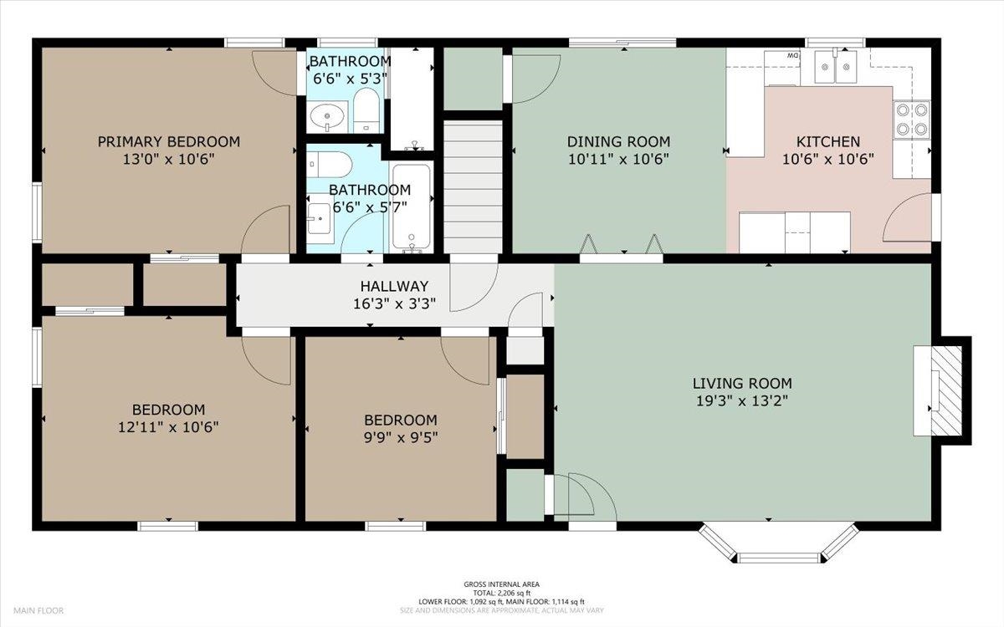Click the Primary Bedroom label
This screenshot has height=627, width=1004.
[x=168, y=142]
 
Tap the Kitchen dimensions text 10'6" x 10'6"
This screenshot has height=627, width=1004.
[x=828, y=160]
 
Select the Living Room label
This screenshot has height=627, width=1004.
[x=742, y=384]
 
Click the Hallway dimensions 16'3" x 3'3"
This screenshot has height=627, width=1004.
[x=394, y=304]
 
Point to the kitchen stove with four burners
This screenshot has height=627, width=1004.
[x=912, y=120]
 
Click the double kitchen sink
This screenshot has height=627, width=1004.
[x=836, y=67]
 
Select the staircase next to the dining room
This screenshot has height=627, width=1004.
[x=473, y=186]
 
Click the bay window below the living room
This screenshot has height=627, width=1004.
[x=779, y=543]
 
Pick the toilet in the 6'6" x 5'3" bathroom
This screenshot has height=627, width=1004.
[x=366, y=110]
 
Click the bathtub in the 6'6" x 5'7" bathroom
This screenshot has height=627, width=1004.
[x=412, y=208]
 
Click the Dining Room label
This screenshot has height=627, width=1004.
[x=618, y=142]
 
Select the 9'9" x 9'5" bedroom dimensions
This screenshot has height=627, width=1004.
[x=401, y=437]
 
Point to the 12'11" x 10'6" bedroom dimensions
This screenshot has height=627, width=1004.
[x=168, y=427]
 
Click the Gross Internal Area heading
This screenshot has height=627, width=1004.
[x=501, y=584]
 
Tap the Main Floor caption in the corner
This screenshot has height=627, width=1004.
[x=38, y=611]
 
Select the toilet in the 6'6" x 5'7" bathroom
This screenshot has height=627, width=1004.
[x=330, y=165]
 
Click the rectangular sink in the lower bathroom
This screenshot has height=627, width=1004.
[x=320, y=218]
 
